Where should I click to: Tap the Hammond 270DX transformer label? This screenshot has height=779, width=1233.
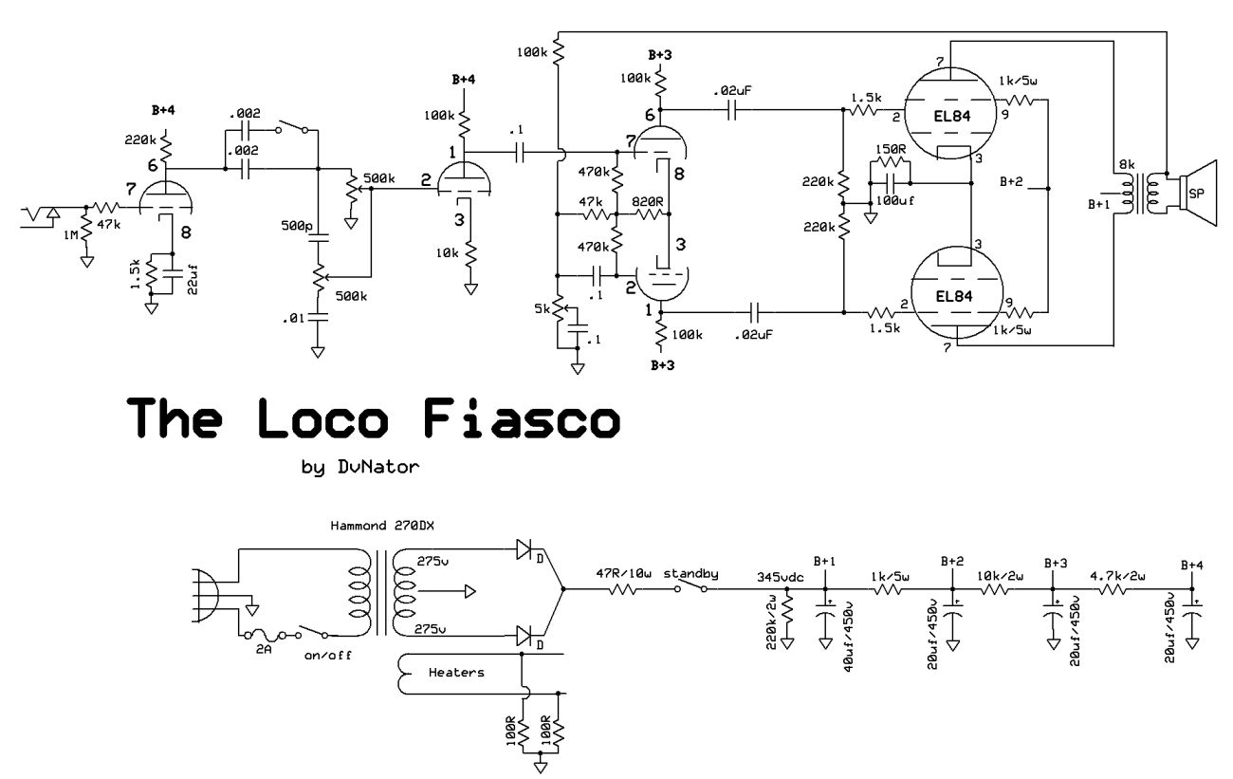click(377, 525)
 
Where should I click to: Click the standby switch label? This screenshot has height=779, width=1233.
click(691, 574)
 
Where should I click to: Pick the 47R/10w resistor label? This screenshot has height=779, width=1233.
click(625, 574)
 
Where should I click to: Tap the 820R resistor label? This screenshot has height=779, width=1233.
click(648, 202)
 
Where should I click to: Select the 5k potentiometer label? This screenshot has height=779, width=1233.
click(542, 309)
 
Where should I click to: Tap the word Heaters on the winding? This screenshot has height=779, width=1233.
click(456, 673)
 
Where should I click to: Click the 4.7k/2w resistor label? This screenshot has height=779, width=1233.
click(1118, 575)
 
